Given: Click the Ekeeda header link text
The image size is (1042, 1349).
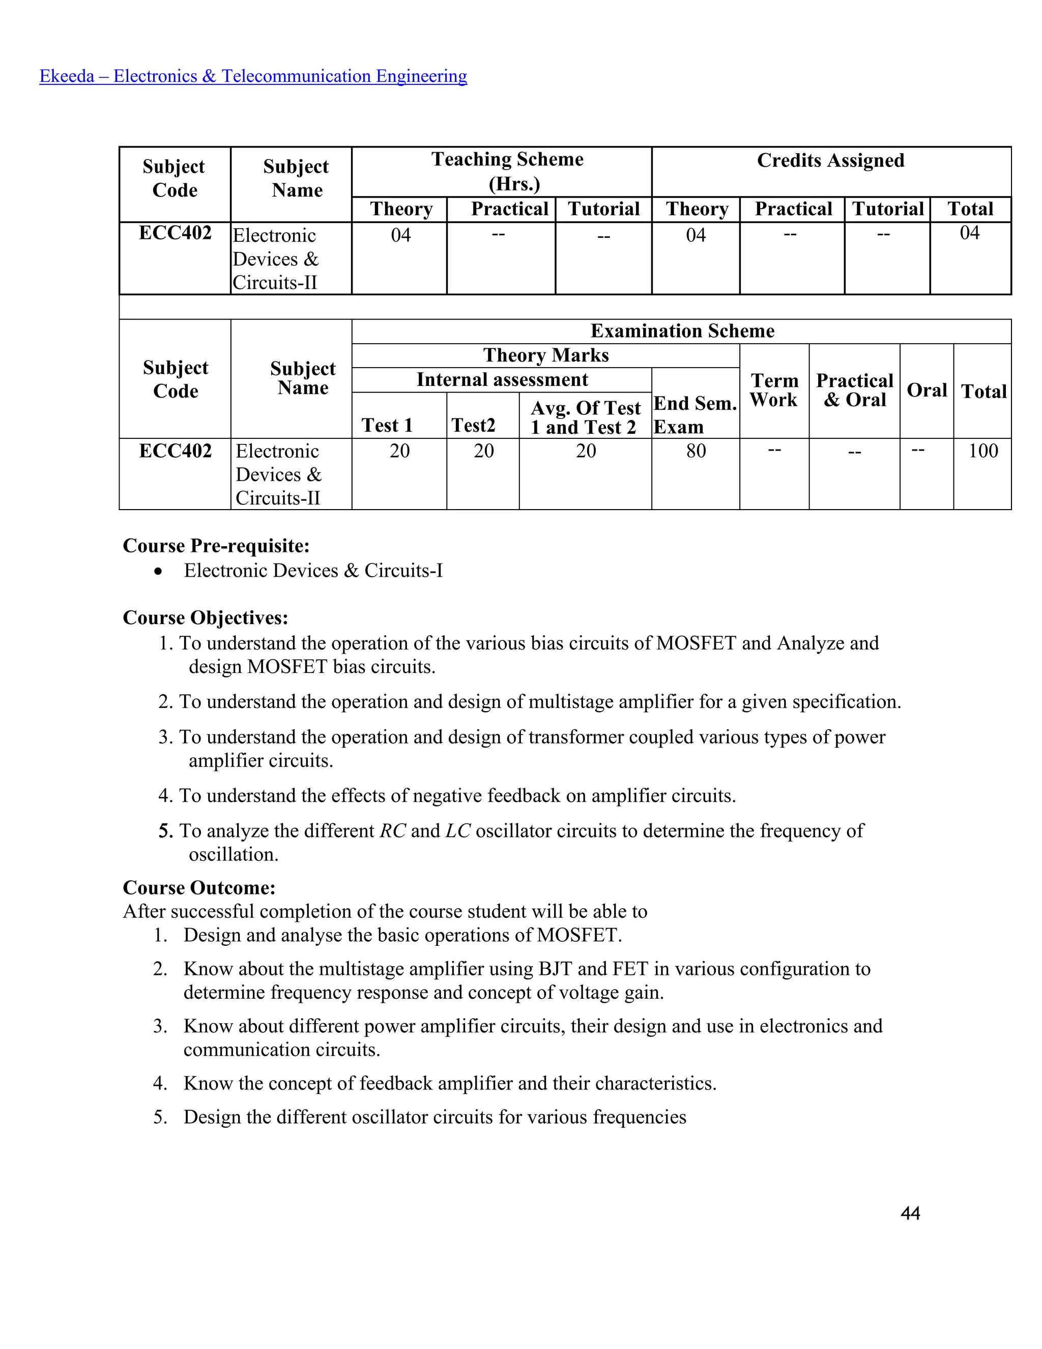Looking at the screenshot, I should point(253,76).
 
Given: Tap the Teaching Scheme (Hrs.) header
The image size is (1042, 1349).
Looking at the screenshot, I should point(507,171).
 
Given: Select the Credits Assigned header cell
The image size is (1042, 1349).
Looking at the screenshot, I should point(830,160).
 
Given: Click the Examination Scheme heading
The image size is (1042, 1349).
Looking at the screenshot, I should point(682,331).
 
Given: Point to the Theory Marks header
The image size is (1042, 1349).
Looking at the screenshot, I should point(546,355).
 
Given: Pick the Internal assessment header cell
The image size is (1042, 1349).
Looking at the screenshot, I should point(502,379).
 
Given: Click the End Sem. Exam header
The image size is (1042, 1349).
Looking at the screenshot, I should point(695,414).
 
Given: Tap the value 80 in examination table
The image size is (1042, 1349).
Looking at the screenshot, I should point(696,451).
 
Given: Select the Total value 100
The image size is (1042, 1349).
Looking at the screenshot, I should point(983,451).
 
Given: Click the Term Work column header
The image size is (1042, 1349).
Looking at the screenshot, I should point(774,390).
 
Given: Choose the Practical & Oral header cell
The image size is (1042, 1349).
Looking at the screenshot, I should point(854,390).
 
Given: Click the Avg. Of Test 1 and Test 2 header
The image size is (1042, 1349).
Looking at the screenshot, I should point(585,417).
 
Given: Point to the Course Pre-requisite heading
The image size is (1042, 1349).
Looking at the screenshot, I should point(216,546).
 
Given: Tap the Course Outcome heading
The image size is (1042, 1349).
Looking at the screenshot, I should point(199,888).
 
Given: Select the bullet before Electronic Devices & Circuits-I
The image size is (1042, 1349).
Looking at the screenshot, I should point(159,571).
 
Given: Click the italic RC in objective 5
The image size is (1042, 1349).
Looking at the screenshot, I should point(393,831).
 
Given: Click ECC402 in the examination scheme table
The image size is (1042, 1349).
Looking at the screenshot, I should point(176,451).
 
